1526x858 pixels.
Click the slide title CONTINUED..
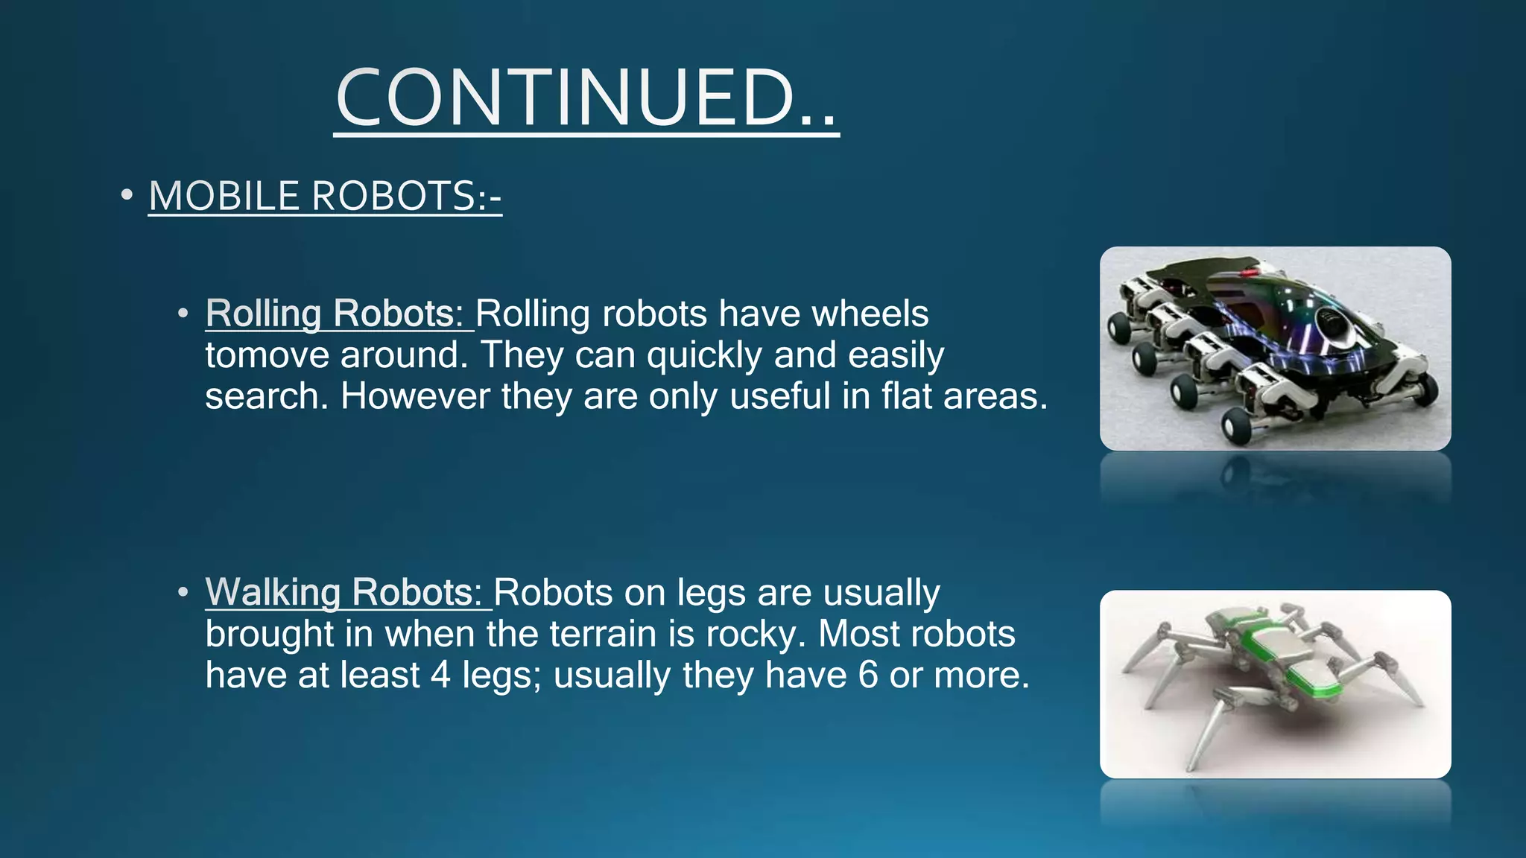586,98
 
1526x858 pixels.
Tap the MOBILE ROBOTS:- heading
325,197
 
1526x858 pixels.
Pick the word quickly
704,356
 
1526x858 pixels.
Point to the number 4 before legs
440,676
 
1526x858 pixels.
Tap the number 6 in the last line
868,676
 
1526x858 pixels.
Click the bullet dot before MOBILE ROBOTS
127,196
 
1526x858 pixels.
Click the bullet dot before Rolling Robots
183,314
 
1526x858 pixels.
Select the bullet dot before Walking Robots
183,594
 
